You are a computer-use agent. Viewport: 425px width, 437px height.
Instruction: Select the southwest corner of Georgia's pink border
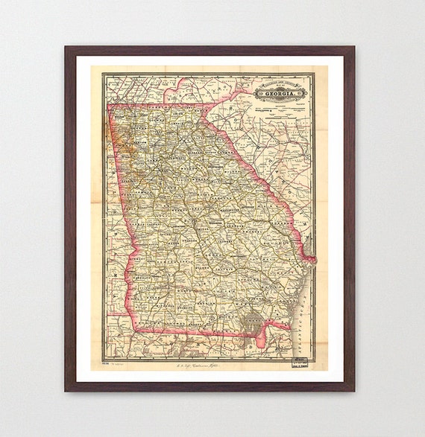(134, 330)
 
